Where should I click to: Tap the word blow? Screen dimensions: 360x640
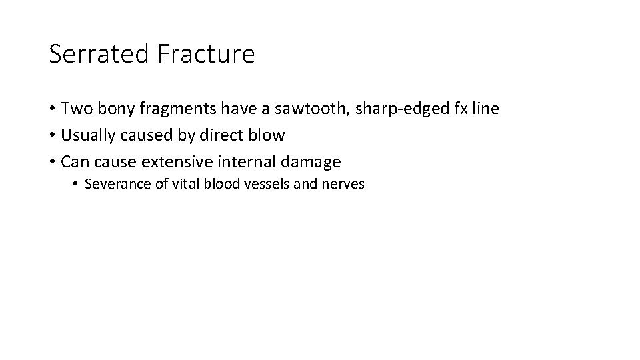tap(267, 135)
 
